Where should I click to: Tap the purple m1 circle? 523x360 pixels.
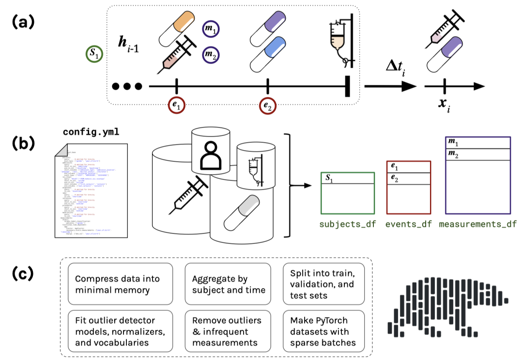point(211,30)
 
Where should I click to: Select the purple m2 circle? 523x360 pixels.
point(211,53)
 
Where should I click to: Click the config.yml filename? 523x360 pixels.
point(91,132)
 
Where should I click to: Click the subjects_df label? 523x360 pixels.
point(347,224)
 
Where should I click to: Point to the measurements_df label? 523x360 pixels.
point(477,224)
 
